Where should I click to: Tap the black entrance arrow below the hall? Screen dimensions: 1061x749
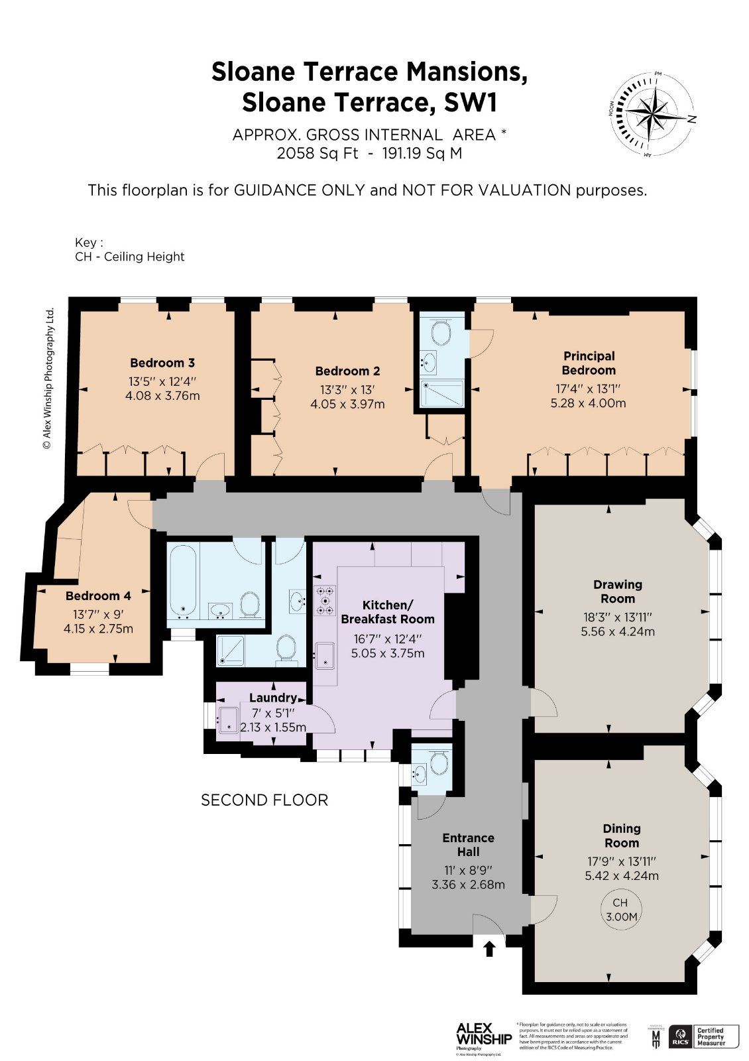click(x=489, y=948)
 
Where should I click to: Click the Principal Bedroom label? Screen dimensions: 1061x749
click(x=589, y=363)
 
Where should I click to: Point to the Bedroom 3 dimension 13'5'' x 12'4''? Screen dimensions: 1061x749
click(x=162, y=382)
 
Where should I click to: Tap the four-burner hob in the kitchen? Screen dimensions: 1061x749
click(x=326, y=599)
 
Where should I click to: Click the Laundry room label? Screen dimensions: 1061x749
click(x=272, y=698)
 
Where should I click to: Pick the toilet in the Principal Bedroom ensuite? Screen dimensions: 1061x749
click(x=441, y=330)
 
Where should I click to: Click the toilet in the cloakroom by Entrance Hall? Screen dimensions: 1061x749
click(x=438, y=763)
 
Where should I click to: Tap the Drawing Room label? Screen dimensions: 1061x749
click(x=618, y=591)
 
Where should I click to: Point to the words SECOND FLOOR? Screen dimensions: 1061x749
click(x=264, y=800)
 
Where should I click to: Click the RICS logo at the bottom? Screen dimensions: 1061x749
click(x=679, y=1036)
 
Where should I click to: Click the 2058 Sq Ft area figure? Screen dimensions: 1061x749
click(x=317, y=154)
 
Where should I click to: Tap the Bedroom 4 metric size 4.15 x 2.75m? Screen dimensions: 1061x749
click(x=98, y=629)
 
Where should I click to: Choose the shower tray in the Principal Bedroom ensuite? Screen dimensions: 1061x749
click(x=442, y=393)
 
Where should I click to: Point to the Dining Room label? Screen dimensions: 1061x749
click(x=621, y=836)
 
